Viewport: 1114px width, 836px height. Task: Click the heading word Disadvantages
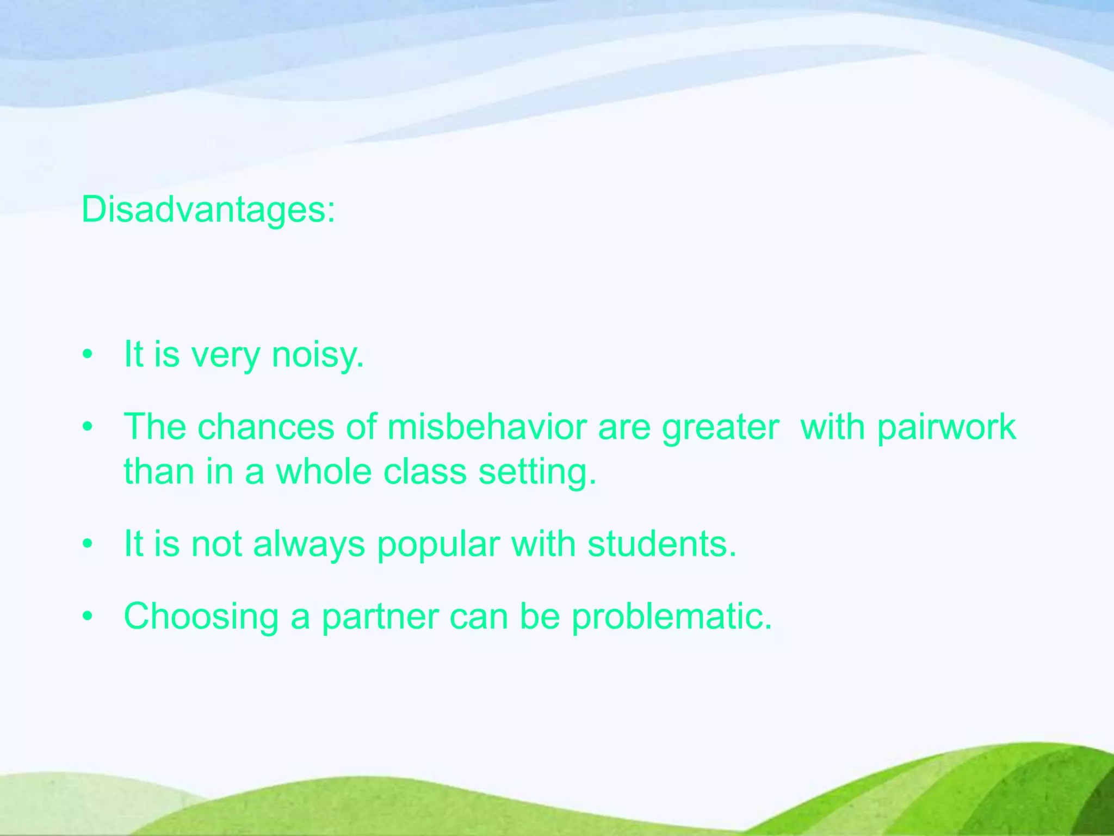[208, 210]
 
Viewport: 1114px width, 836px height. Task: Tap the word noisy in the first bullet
[317, 355]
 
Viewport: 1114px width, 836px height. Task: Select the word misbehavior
[487, 427]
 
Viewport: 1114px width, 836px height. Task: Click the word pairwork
[946, 428]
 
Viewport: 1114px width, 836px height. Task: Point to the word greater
[720, 428]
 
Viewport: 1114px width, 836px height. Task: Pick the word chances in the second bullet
[265, 427]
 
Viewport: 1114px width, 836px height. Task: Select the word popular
[438, 544]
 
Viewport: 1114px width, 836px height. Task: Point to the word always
[309, 544]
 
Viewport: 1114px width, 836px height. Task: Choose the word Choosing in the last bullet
[201, 617]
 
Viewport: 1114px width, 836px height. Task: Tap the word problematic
[672, 617]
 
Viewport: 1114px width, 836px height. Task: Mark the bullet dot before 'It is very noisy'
[88, 356]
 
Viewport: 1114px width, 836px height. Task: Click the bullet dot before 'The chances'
[88, 428]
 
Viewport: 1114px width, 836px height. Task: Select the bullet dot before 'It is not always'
[88, 544]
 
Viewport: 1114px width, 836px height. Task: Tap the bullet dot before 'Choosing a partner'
[88, 617]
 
